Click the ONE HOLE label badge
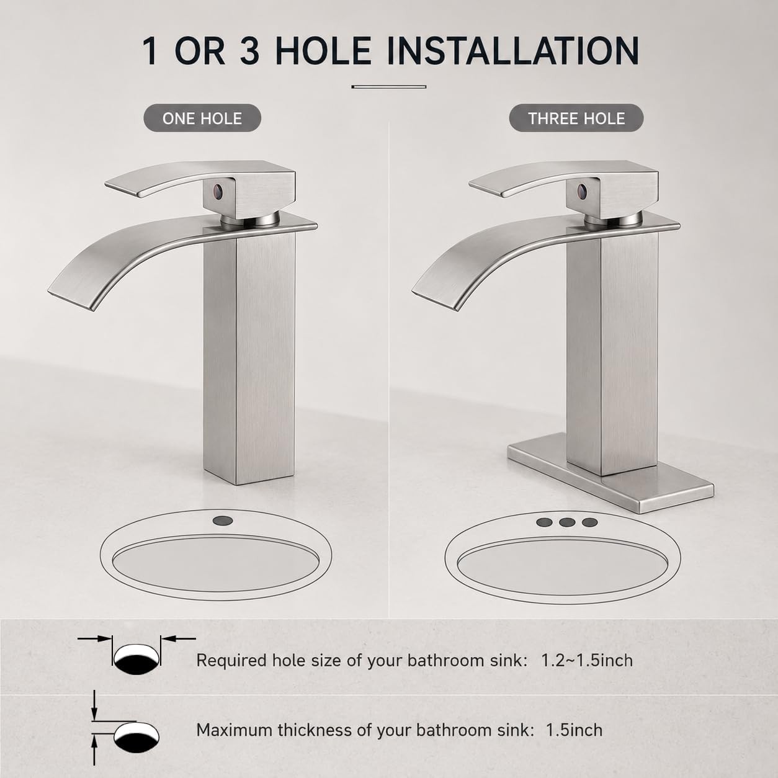(202, 118)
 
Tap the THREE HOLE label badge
(576, 118)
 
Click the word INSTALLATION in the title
(512, 51)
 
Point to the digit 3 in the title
(250, 51)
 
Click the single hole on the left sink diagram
(221, 521)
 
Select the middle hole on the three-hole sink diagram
(567, 522)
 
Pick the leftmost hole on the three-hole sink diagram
(544, 522)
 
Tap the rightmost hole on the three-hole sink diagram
(589, 522)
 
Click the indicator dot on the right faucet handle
(582, 189)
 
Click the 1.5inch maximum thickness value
(574, 730)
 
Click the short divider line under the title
(389, 86)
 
